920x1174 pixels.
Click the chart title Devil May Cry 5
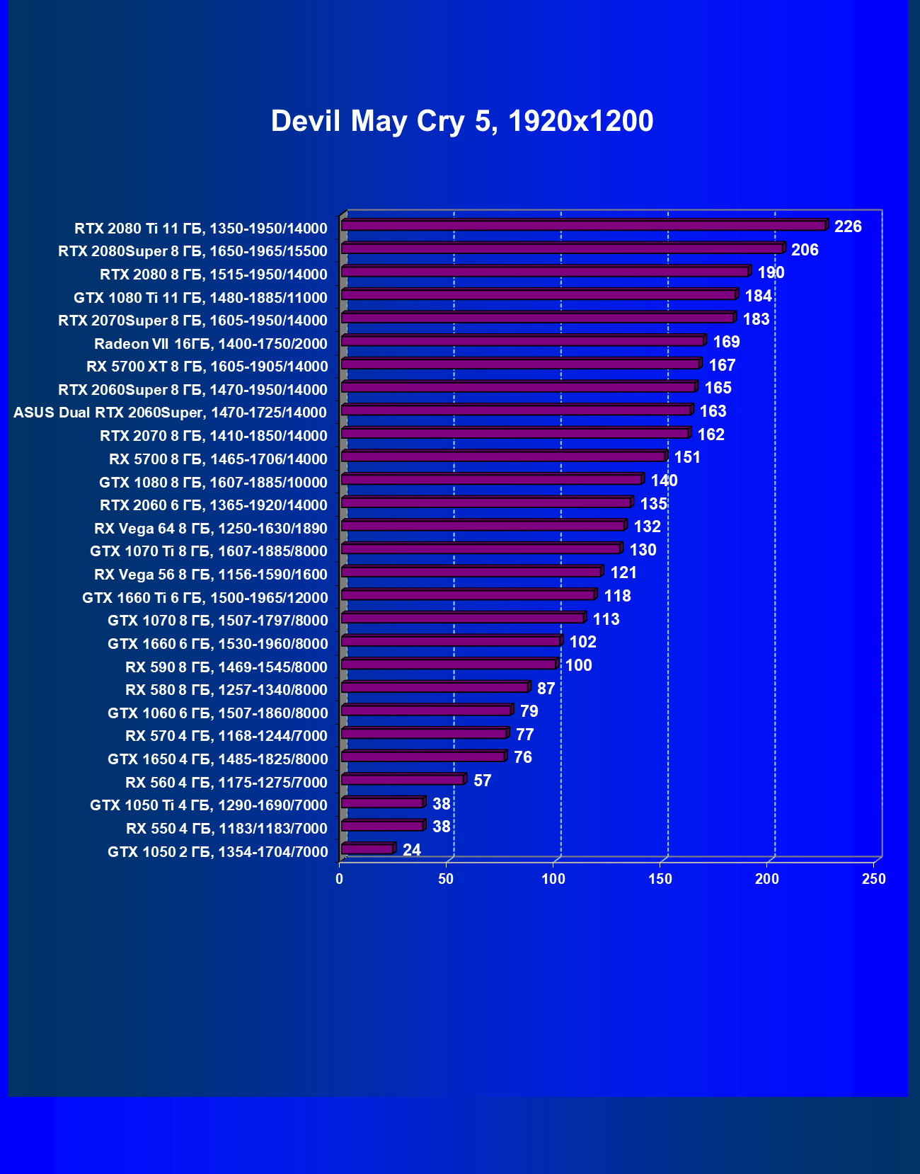click(461, 121)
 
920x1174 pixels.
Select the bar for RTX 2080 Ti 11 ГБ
click(583, 226)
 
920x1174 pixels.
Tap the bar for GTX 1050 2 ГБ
click(367, 848)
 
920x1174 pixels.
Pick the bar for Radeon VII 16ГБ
click(522, 341)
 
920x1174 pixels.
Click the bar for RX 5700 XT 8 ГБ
click(520, 364)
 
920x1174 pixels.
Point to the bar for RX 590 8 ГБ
click(449, 664)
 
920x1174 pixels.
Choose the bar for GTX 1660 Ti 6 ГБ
click(468, 595)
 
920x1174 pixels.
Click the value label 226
click(848, 226)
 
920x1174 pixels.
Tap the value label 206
click(805, 250)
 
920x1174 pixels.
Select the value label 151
click(687, 457)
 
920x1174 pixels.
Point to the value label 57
click(482, 781)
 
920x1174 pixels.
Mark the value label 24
click(412, 850)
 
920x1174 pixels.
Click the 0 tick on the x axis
click(340, 879)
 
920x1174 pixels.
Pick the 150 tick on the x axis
click(660, 879)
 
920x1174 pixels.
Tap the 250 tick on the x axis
click(874, 879)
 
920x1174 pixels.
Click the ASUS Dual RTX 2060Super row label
click(170, 413)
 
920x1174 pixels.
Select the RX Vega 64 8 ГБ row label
click(211, 529)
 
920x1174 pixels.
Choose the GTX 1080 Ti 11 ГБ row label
click(200, 298)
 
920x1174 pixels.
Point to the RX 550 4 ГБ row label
click(226, 829)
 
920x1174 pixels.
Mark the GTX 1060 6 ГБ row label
click(217, 713)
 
